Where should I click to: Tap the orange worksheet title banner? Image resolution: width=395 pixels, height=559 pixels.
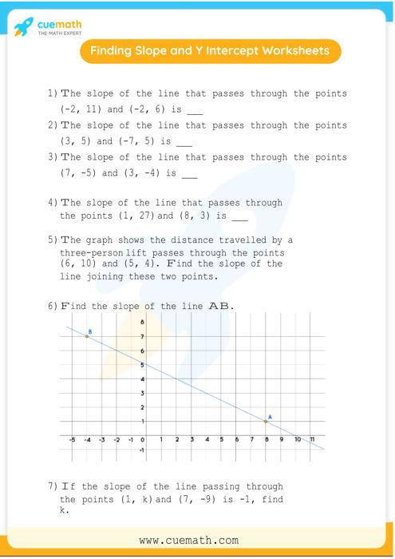coord(209,51)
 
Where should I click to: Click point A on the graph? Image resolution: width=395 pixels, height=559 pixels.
coord(266,421)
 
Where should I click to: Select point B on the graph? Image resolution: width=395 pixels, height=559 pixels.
coord(87,336)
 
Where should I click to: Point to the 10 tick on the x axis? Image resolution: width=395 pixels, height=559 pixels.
coord(297,439)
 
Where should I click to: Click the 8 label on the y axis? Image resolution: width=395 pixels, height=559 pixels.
coord(142,322)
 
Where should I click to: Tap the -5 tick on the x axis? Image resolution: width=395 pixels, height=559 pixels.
coord(73,439)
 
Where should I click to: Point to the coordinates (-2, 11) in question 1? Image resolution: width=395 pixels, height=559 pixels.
coord(81,109)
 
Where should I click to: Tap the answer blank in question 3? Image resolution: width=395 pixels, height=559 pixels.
coord(189,174)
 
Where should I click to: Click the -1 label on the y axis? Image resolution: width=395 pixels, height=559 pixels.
coord(141,450)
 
